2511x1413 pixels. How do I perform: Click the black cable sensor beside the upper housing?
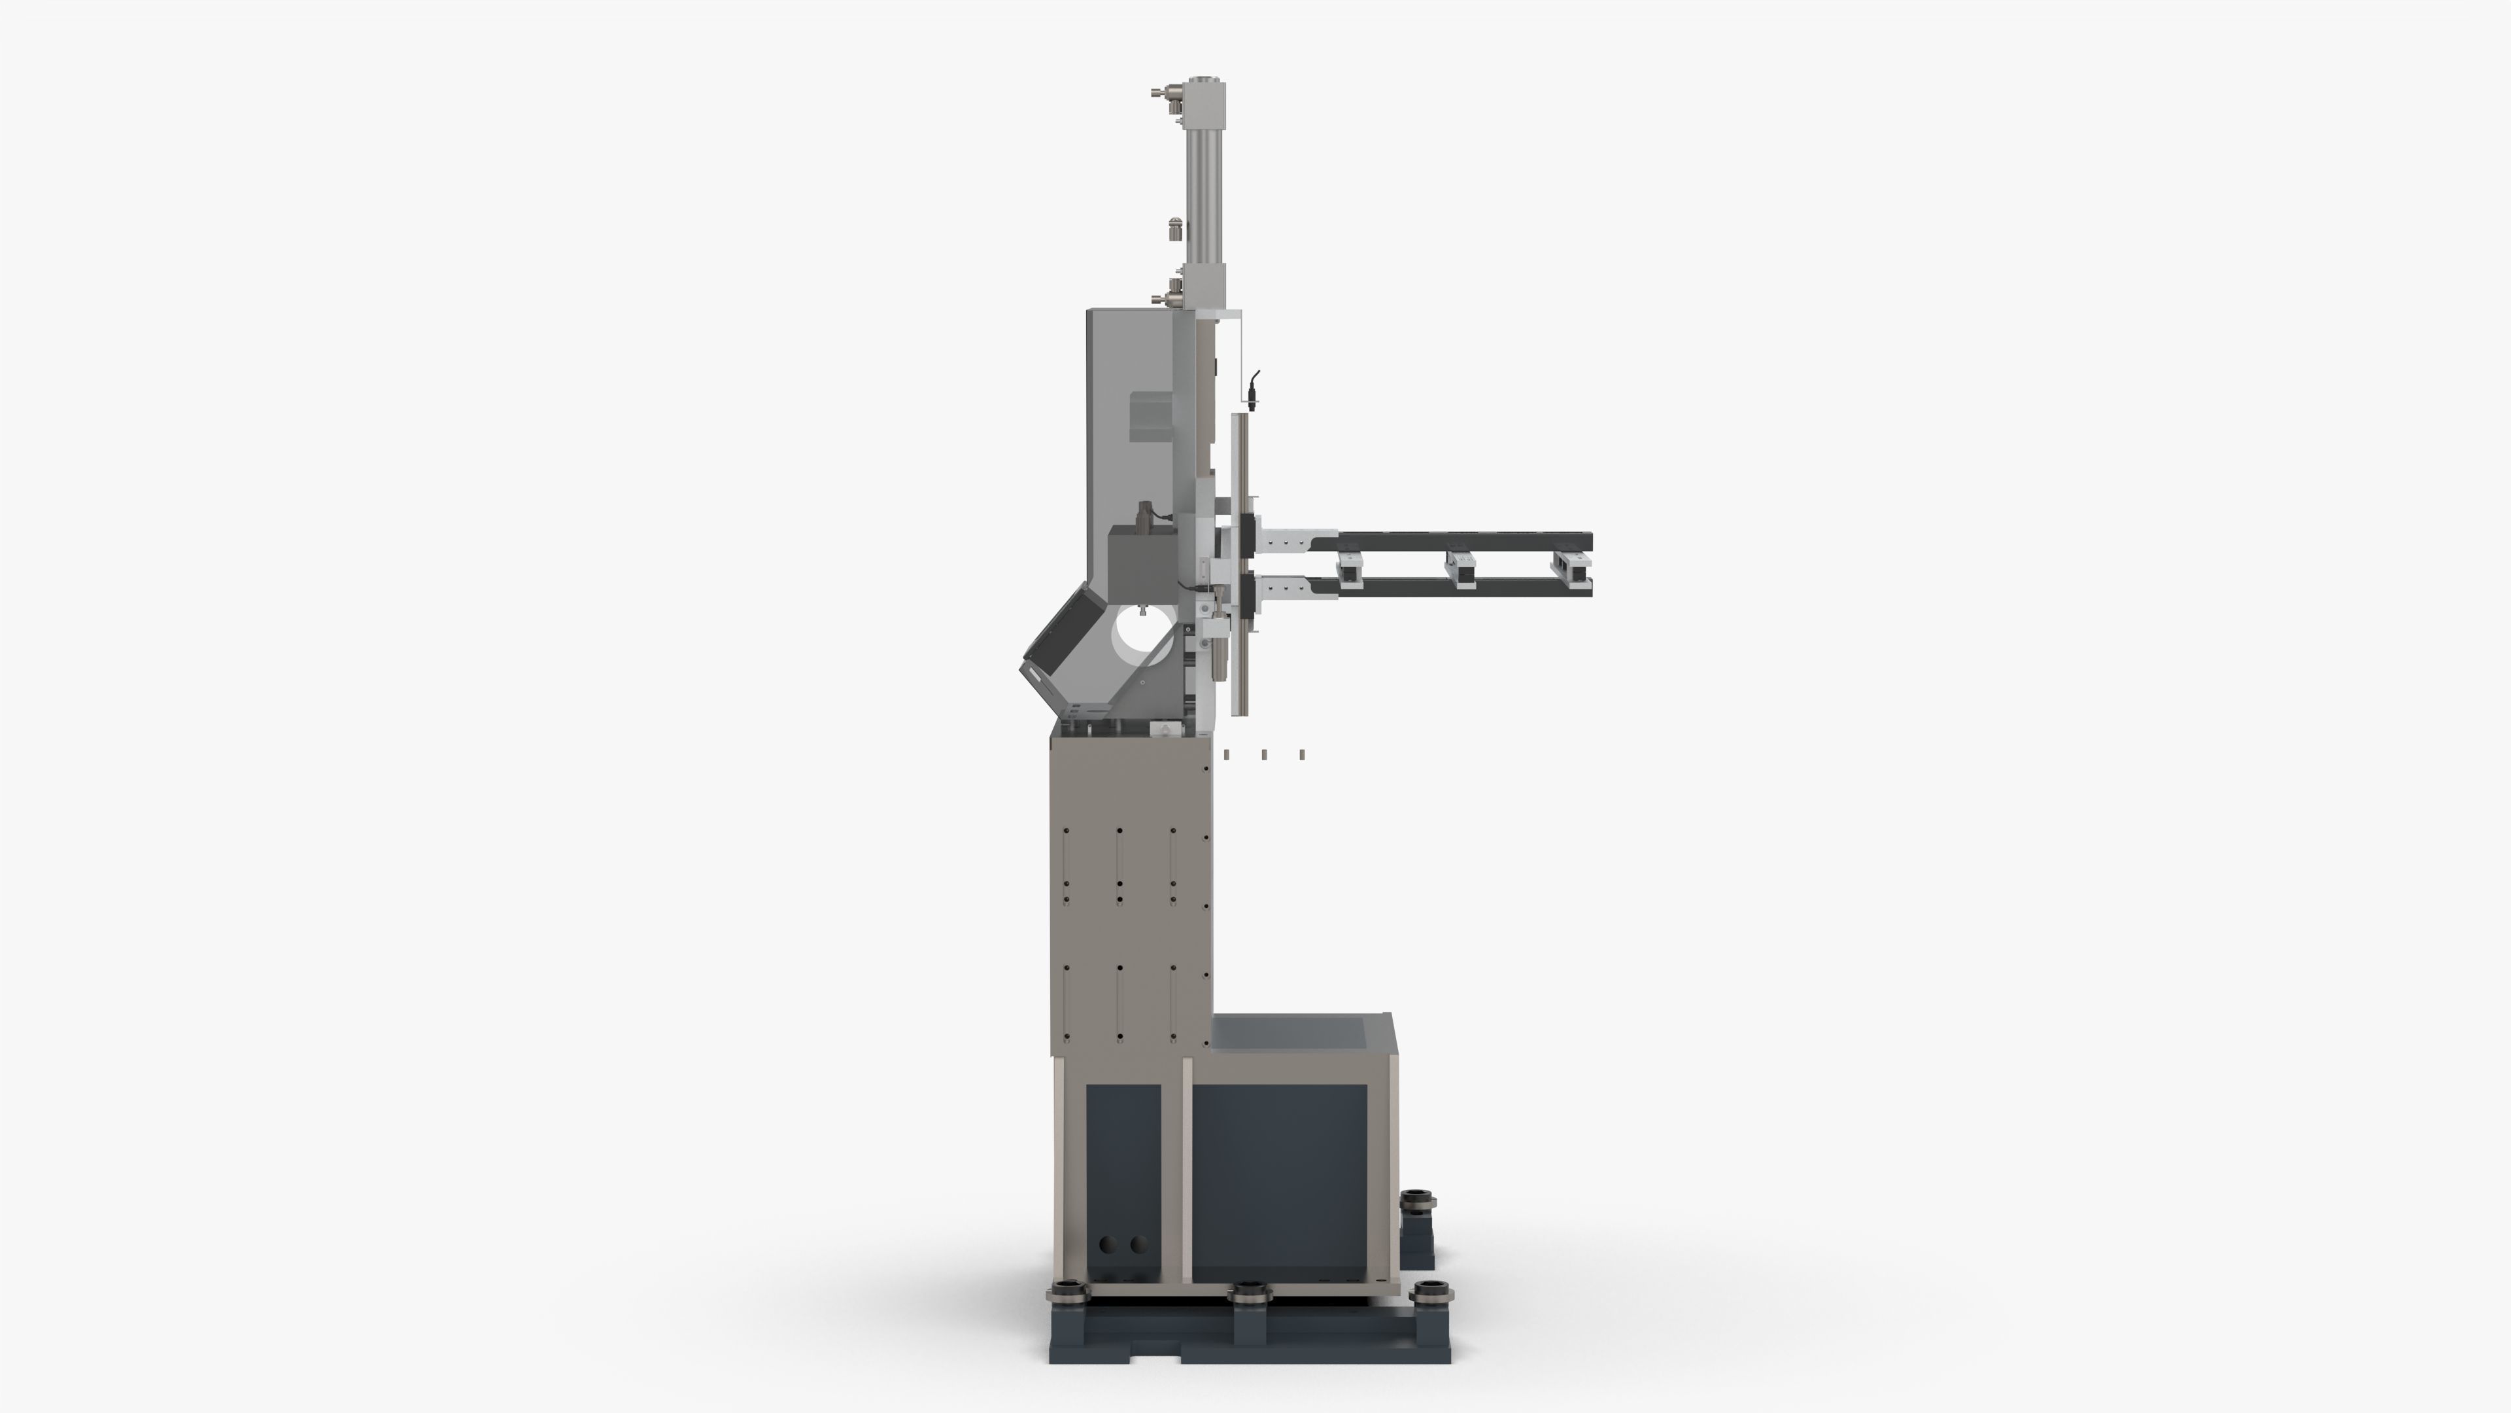(1254, 390)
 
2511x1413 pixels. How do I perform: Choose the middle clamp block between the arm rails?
(1460, 568)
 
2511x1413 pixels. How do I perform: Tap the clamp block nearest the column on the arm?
(1350, 568)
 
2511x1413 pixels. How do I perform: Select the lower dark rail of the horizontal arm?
(1462, 586)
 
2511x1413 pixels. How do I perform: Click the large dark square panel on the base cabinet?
(1278, 1182)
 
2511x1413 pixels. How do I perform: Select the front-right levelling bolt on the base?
(1431, 1293)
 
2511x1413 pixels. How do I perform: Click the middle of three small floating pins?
(1264, 754)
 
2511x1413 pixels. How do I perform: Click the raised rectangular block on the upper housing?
(1150, 415)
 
